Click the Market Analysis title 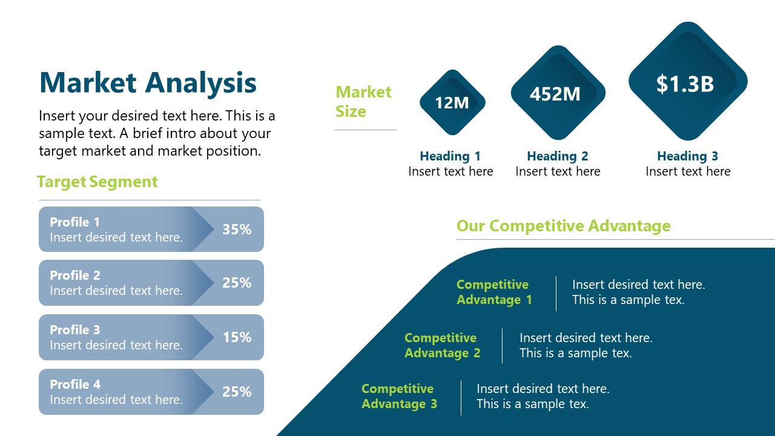click(x=148, y=83)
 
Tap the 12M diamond click(x=452, y=102)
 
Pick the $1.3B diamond click(x=687, y=83)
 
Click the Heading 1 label click(x=450, y=156)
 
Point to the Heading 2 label click(x=558, y=156)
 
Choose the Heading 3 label click(x=688, y=156)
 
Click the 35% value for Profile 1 click(x=237, y=230)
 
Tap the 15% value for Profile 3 click(x=237, y=337)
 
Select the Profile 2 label click(x=75, y=276)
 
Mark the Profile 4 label click(x=75, y=385)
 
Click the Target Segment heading click(x=97, y=182)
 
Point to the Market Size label click(x=363, y=102)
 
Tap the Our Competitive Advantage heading click(x=563, y=226)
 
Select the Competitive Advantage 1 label click(x=494, y=292)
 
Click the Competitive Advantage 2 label click(x=442, y=345)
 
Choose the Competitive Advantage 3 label click(x=399, y=396)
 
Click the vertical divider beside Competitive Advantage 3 click(x=461, y=397)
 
